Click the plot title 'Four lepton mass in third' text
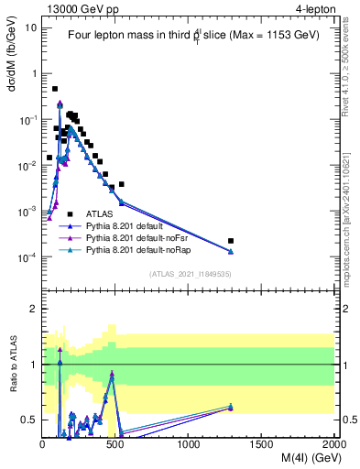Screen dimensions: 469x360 click(137, 36)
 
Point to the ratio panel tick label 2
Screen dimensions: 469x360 click(33, 310)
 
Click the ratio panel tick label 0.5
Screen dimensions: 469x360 click(29, 420)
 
